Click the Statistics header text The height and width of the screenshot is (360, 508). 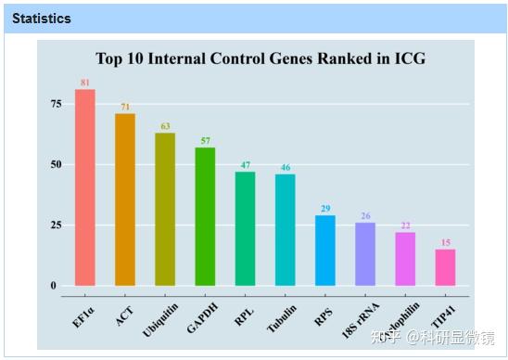coord(42,18)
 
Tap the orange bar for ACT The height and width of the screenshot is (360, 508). coord(125,199)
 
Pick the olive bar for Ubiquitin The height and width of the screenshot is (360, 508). coord(165,209)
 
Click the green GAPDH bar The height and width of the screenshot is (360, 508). coord(205,216)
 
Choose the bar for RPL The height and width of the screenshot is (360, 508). coord(245,228)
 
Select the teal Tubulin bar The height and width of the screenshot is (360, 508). coord(286,229)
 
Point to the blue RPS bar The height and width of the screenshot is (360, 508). coord(325,250)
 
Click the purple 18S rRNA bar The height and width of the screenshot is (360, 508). coord(365,253)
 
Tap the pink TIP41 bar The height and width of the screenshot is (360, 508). coord(445,266)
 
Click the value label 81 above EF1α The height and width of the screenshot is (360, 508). coord(85,84)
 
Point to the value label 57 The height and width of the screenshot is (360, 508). coord(205,141)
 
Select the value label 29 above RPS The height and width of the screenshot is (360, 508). coord(325,209)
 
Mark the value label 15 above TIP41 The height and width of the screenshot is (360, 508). coord(445,243)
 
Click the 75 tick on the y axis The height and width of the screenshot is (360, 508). coord(56,104)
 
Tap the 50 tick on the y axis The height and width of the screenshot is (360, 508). coord(56,164)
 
